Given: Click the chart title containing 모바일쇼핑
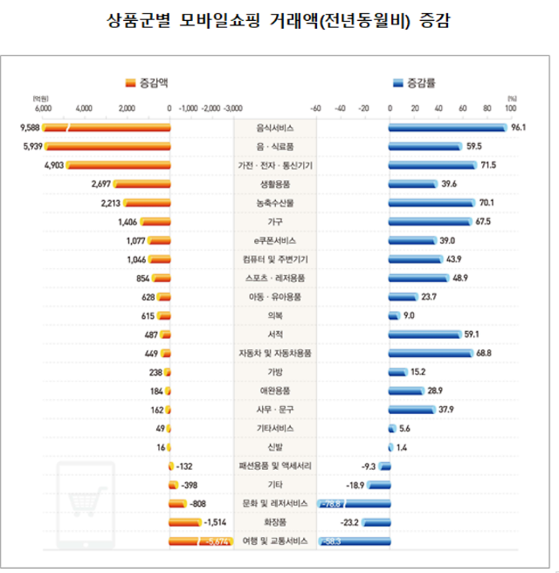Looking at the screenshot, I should pos(279,20).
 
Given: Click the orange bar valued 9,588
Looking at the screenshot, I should pos(107,128).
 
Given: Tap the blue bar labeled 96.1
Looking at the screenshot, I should pos(447,128).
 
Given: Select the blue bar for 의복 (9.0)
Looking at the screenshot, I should pos(394,315).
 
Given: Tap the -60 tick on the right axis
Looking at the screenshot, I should pos(316,109).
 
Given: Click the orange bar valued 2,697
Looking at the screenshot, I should pos(141,183).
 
